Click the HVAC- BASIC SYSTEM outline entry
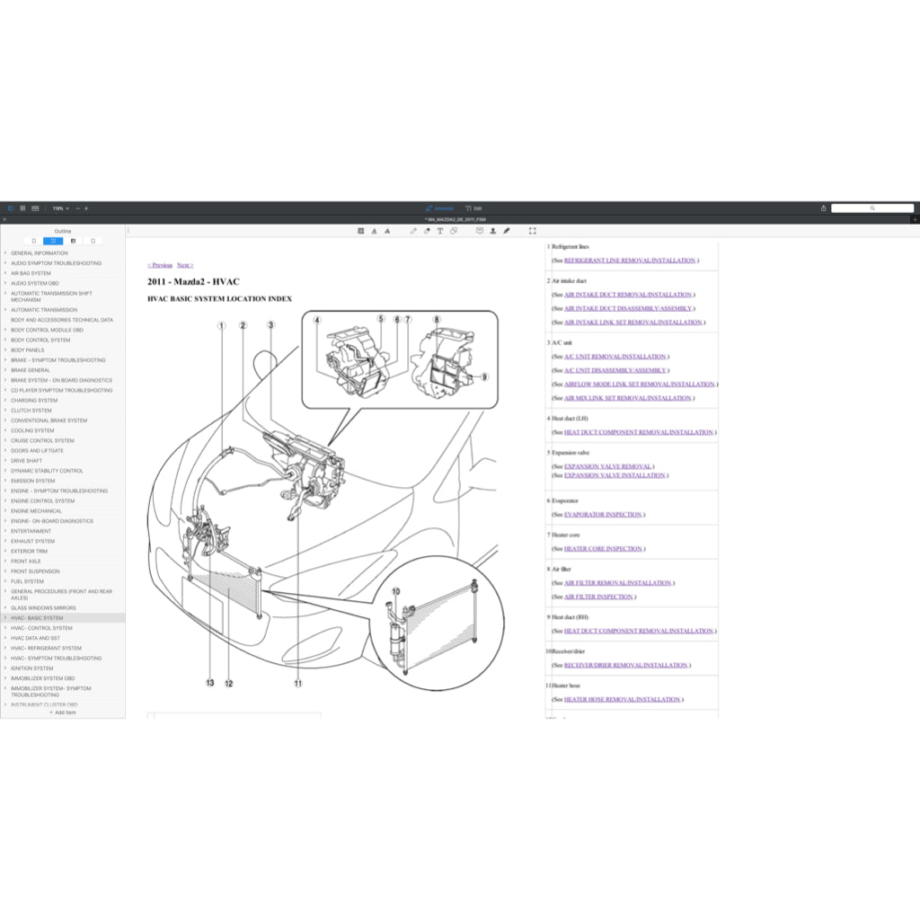coord(37,618)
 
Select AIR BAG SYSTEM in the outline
coord(31,273)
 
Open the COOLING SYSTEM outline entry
coord(32,430)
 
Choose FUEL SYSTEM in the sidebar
coord(27,581)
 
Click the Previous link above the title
coord(160,265)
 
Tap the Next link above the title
coord(184,265)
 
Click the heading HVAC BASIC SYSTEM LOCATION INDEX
coord(219,298)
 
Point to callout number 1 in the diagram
coord(222,325)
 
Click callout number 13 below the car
coord(209,683)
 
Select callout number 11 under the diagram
coord(297,683)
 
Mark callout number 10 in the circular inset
coord(395,591)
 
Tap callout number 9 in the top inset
coord(484,376)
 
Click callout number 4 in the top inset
coord(317,319)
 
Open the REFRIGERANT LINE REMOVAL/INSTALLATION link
coord(629,261)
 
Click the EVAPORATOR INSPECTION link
coord(603,515)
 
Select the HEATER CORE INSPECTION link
coord(603,549)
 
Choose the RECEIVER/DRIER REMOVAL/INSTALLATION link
coord(625,666)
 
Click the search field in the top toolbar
coord(871,208)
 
